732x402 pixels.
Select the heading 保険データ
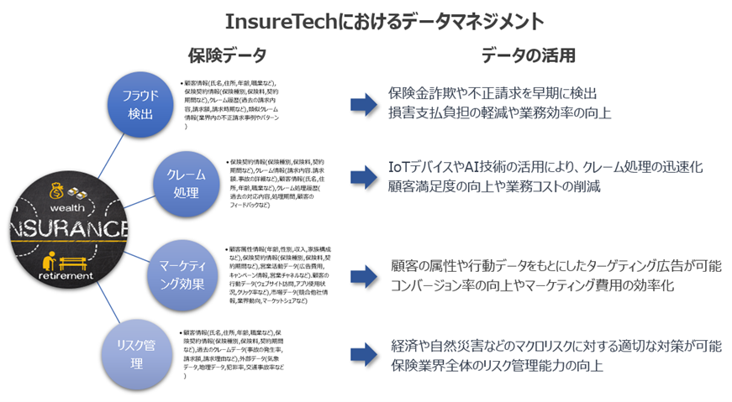pyautogui.click(x=226, y=56)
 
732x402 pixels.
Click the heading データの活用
pyautogui.click(x=528, y=56)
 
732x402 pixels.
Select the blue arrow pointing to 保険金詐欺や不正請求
pyautogui.click(x=364, y=102)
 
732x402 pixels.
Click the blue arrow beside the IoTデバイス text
pyautogui.click(x=364, y=176)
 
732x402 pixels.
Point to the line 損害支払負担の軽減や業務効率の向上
pyautogui.click(x=499, y=112)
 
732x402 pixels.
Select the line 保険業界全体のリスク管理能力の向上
pyautogui.click(x=497, y=365)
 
